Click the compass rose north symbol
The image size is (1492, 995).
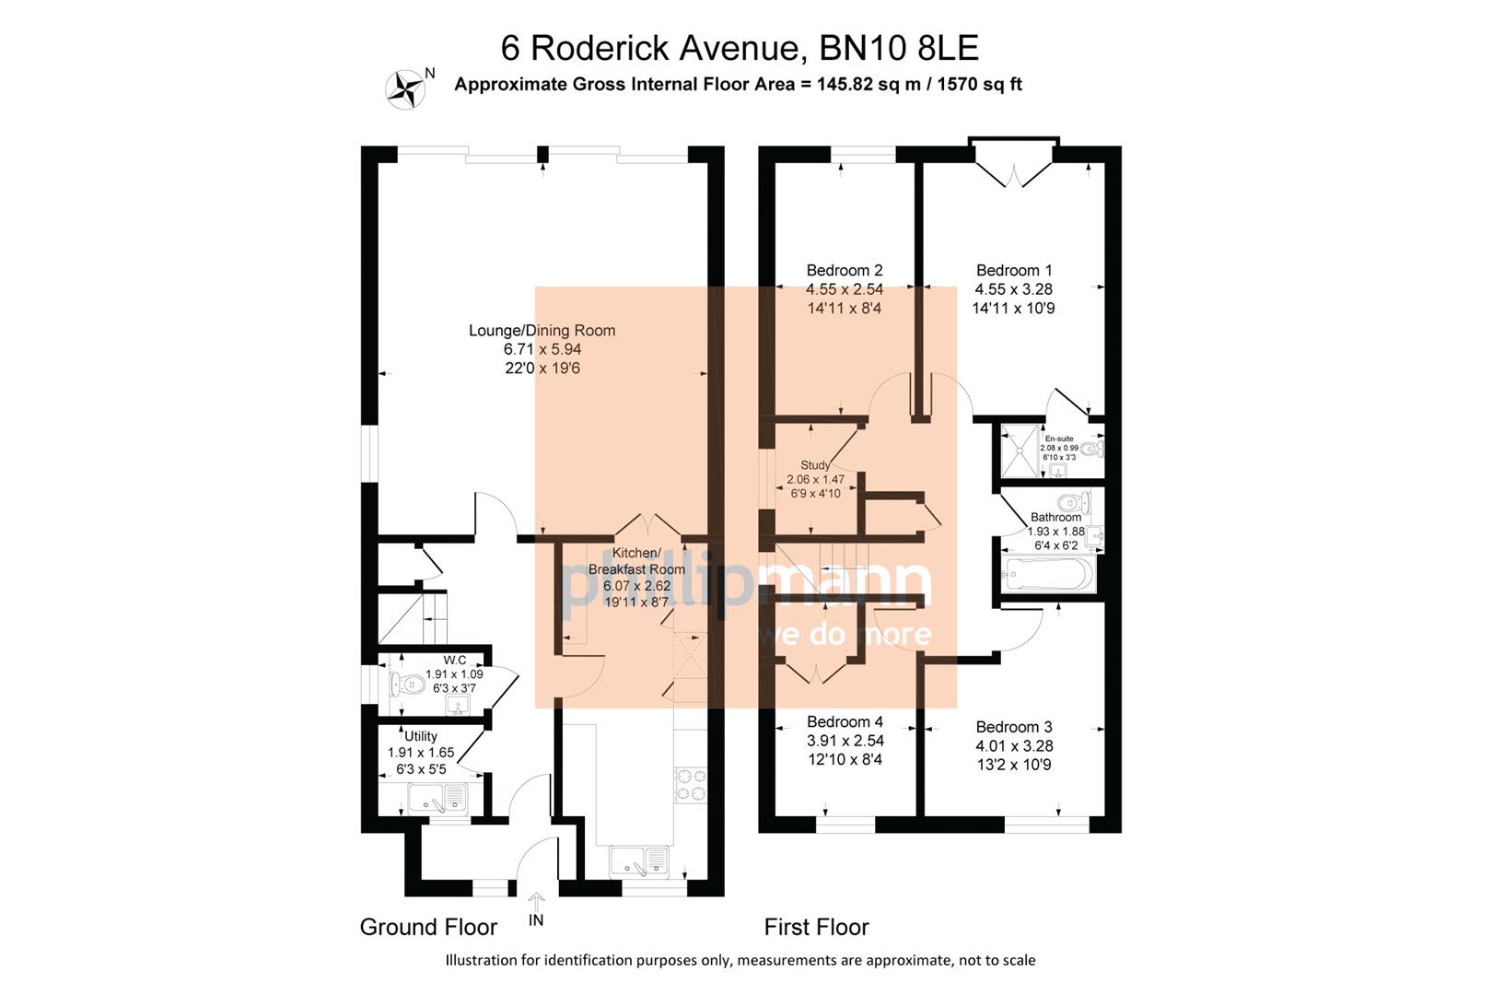(x=405, y=89)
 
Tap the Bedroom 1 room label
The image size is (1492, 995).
(x=1013, y=270)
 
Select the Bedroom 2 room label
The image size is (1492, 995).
(x=844, y=270)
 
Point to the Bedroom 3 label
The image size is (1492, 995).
(x=1013, y=727)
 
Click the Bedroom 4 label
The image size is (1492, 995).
(x=844, y=721)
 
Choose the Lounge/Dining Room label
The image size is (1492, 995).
(x=542, y=330)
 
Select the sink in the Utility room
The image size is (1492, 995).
(x=438, y=797)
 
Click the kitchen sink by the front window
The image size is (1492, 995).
(x=638, y=861)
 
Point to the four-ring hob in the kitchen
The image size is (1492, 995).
(x=691, y=783)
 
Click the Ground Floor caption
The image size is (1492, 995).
(x=428, y=927)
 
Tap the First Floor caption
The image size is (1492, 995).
(x=816, y=927)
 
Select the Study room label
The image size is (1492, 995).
(x=814, y=465)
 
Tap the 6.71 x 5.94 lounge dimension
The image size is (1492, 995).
(x=542, y=349)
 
